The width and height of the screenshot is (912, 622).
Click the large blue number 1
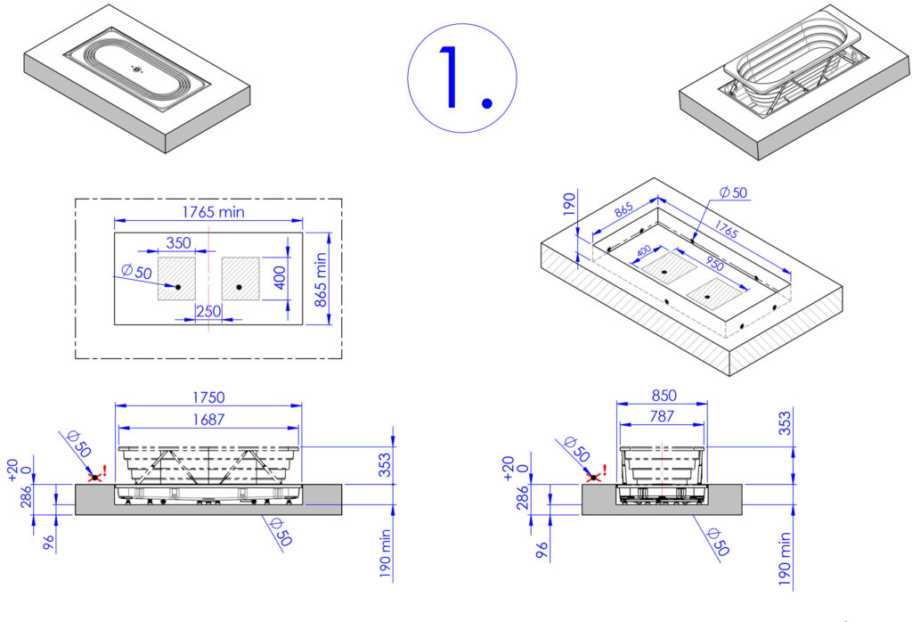point(450,78)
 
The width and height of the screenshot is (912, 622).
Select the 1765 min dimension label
point(213,212)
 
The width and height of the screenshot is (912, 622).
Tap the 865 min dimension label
point(321,280)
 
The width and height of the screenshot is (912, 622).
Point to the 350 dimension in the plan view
point(178,242)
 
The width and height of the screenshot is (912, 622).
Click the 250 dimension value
point(208,311)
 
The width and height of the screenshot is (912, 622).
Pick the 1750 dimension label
point(208,397)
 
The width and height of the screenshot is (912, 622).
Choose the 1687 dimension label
point(208,420)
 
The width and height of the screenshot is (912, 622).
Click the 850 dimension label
point(664,396)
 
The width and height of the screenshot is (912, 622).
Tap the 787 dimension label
point(662,417)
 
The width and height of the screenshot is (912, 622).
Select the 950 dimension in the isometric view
point(713,264)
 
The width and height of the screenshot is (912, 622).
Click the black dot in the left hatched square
point(178,287)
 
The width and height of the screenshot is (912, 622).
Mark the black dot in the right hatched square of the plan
point(239,287)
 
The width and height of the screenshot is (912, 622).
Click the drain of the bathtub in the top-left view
point(136,70)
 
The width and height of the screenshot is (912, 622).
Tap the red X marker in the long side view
point(94,477)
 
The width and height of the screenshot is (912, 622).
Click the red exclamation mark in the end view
point(605,470)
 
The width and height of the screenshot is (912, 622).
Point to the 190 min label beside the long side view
point(385,552)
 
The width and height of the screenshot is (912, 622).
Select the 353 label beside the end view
point(786,423)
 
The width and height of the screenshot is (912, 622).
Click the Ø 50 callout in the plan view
point(136,272)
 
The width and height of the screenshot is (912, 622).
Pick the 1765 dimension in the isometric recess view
point(726,229)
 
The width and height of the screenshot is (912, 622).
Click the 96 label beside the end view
point(541,550)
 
